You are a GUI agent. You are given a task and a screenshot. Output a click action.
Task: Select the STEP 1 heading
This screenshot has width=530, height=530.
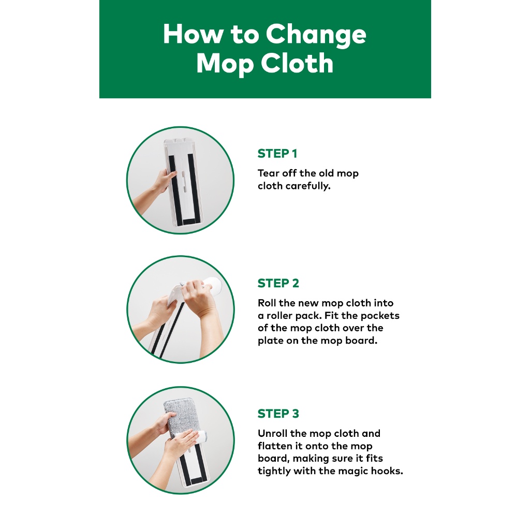point(277,153)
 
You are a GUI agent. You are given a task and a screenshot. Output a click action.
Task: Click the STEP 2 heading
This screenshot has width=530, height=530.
point(278,283)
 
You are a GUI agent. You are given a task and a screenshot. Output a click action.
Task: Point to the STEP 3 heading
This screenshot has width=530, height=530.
point(278,414)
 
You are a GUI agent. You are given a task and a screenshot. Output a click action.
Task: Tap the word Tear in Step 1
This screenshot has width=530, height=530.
point(269,173)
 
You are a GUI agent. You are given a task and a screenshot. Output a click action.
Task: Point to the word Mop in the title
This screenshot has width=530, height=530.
point(225,64)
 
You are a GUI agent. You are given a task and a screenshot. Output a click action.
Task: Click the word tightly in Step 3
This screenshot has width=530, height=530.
point(274,471)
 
